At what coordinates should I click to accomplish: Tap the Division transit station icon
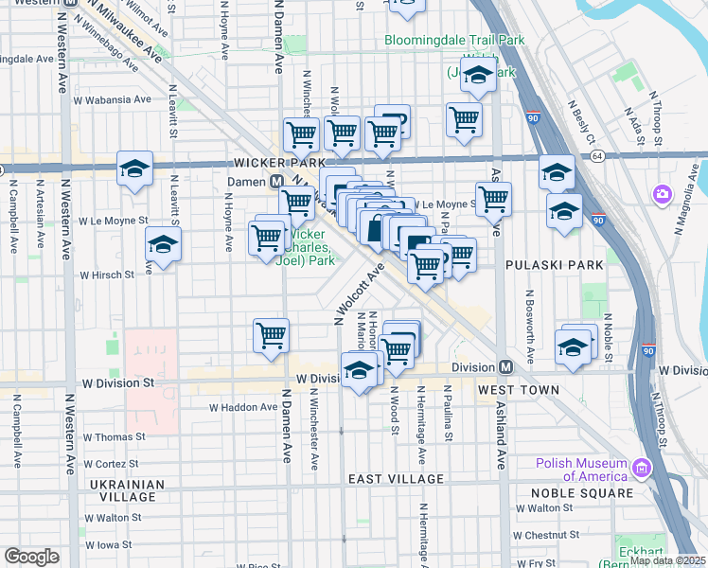pos(505,366)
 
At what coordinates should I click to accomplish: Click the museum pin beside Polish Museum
pos(642,469)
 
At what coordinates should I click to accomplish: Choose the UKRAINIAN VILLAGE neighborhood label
pos(120,490)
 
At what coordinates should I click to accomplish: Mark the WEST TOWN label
pos(510,389)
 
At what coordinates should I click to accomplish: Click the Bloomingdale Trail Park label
pos(454,41)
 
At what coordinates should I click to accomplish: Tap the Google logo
pos(31,557)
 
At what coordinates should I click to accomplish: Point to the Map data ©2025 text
pos(667,560)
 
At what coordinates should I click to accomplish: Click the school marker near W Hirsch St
pos(163,246)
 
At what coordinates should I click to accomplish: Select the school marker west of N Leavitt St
pos(134,170)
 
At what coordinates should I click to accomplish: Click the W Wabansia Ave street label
pos(112,99)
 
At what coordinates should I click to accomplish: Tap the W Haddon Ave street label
pos(243,407)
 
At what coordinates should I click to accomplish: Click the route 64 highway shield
pos(596,155)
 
